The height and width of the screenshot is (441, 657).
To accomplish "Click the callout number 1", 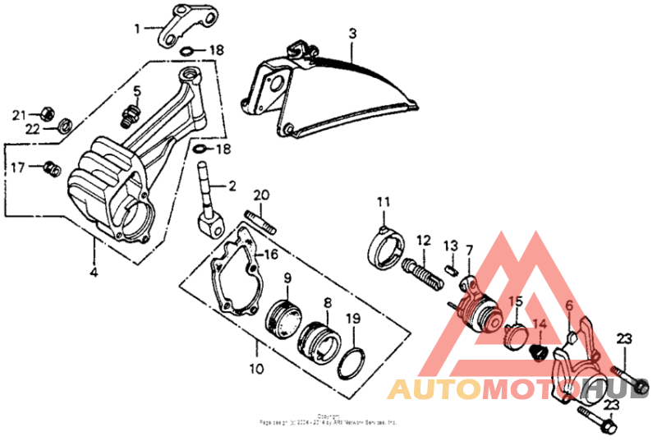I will [x=138, y=28].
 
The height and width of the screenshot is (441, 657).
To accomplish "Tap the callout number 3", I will [x=351, y=34].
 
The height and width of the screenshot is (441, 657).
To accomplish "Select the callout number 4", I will [x=93, y=272].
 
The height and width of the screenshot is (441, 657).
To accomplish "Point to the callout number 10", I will [x=257, y=369].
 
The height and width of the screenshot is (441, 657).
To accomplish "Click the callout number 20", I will [x=261, y=195].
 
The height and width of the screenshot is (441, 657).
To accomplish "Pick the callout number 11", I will [x=383, y=202].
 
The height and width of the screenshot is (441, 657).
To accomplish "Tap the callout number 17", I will [x=18, y=168].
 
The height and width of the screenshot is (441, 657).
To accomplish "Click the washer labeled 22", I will [x=62, y=126].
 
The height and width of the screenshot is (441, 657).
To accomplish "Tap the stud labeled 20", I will [x=260, y=223].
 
